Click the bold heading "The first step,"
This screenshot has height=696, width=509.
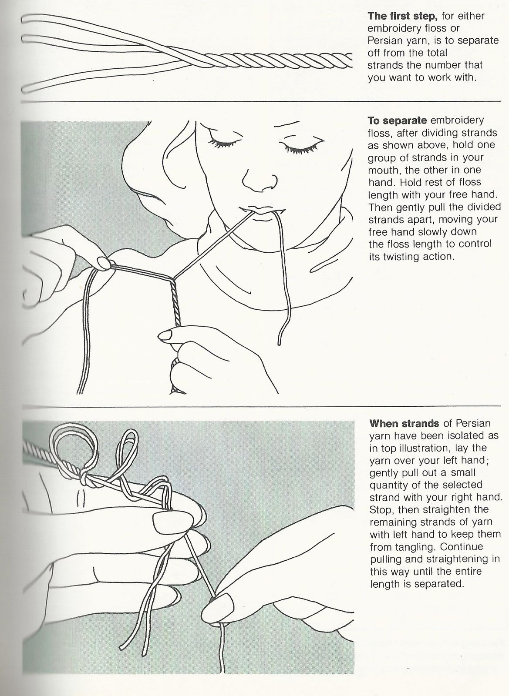402,16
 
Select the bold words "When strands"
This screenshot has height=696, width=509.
404,423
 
